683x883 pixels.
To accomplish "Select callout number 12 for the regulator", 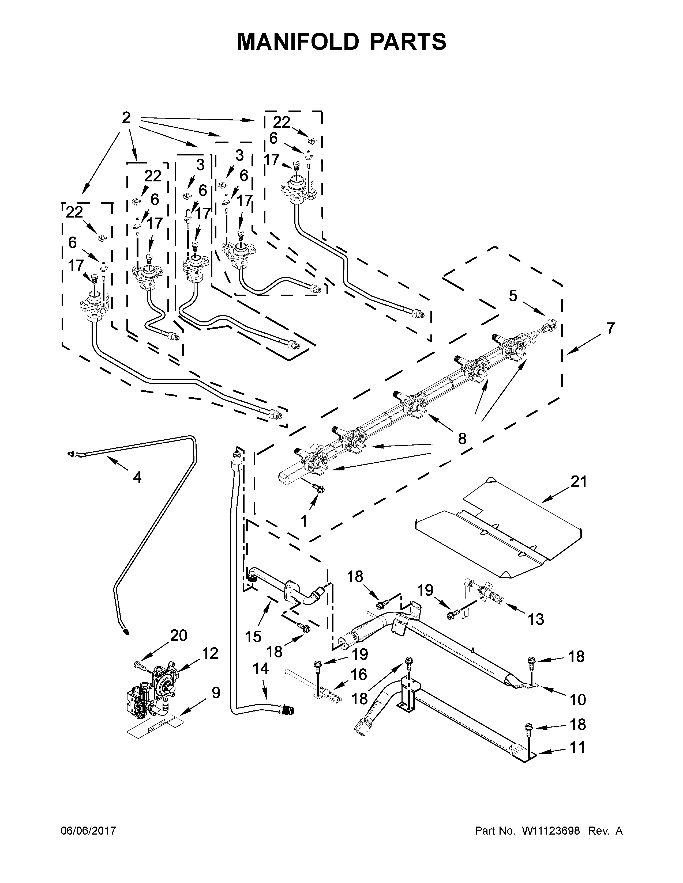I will [210, 653].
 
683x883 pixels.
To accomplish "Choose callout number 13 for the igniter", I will [536, 619].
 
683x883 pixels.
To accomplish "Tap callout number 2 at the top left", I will [126, 118].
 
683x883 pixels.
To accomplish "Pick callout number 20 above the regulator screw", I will [178, 635].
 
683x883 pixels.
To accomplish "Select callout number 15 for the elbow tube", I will [253, 637].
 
